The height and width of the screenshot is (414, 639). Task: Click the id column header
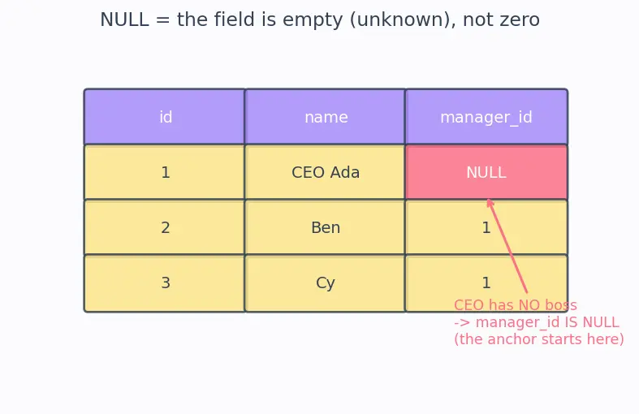pyautogui.click(x=164, y=117)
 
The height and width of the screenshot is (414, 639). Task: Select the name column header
pyautogui.click(x=326, y=117)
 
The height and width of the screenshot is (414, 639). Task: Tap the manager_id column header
pyautogui.click(x=486, y=117)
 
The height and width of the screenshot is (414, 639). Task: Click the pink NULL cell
pyautogui.click(x=486, y=172)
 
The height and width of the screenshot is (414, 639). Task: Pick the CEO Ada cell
pyautogui.click(x=326, y=172)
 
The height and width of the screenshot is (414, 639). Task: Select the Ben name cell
pyautogui.click(x=326, y=227)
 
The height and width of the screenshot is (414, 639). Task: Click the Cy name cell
pyautogui.click(x=326, y=283)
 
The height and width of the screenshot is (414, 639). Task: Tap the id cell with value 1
pyautogui.click(x=164, y=172)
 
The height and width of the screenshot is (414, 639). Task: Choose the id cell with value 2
pyautogui.click(x=164, y=227)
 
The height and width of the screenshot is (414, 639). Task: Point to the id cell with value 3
pyautogui.click(x=164, y=283)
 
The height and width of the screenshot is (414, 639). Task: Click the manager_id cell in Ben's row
pyautogui.click(x=486, y=227)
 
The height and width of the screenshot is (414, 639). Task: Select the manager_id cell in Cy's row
pyautogui.click(x=486, y=283)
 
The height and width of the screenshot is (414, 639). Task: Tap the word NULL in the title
pyautogui.click(x=124, y=19)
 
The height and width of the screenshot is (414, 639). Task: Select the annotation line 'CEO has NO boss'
pyautogui.click(x=516, y=305)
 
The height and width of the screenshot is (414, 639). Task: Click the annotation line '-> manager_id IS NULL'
pyautogui.click(x=537, y=322)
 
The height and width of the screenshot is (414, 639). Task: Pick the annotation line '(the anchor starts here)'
pyautogui.click(x=539, y=339)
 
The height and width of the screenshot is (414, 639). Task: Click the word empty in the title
pyautogui.click(x=313, y=20)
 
